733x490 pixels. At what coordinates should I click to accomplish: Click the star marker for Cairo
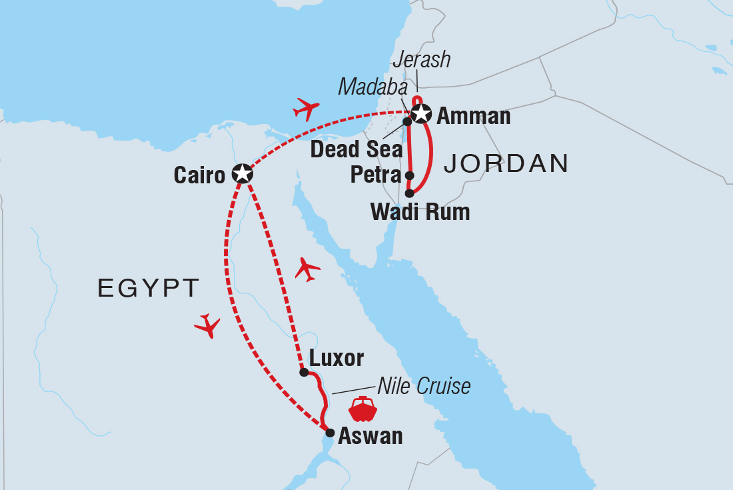241,174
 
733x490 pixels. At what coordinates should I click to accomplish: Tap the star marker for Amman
420,114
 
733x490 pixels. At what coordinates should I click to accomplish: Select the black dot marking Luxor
304,373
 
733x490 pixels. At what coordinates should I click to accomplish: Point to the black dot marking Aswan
329,433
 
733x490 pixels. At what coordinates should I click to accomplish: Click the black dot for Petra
410,177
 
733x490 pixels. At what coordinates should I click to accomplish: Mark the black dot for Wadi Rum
409,193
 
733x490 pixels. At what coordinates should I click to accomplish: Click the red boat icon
363,409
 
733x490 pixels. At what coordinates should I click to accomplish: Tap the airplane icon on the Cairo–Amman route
306,108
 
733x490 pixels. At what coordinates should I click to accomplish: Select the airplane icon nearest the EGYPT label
207,325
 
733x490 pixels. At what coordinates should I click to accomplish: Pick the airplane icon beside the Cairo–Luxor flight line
307,269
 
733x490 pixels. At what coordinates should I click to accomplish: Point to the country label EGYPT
149,288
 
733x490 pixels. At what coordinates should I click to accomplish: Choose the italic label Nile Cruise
424,386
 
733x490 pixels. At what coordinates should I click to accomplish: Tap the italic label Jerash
421,60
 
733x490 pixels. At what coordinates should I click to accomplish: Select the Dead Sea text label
357,149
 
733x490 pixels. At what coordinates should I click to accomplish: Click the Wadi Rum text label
420,212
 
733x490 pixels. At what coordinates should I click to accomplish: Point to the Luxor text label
337,358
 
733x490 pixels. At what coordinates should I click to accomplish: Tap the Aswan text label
370,436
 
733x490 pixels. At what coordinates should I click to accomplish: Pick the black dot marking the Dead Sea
406,122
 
